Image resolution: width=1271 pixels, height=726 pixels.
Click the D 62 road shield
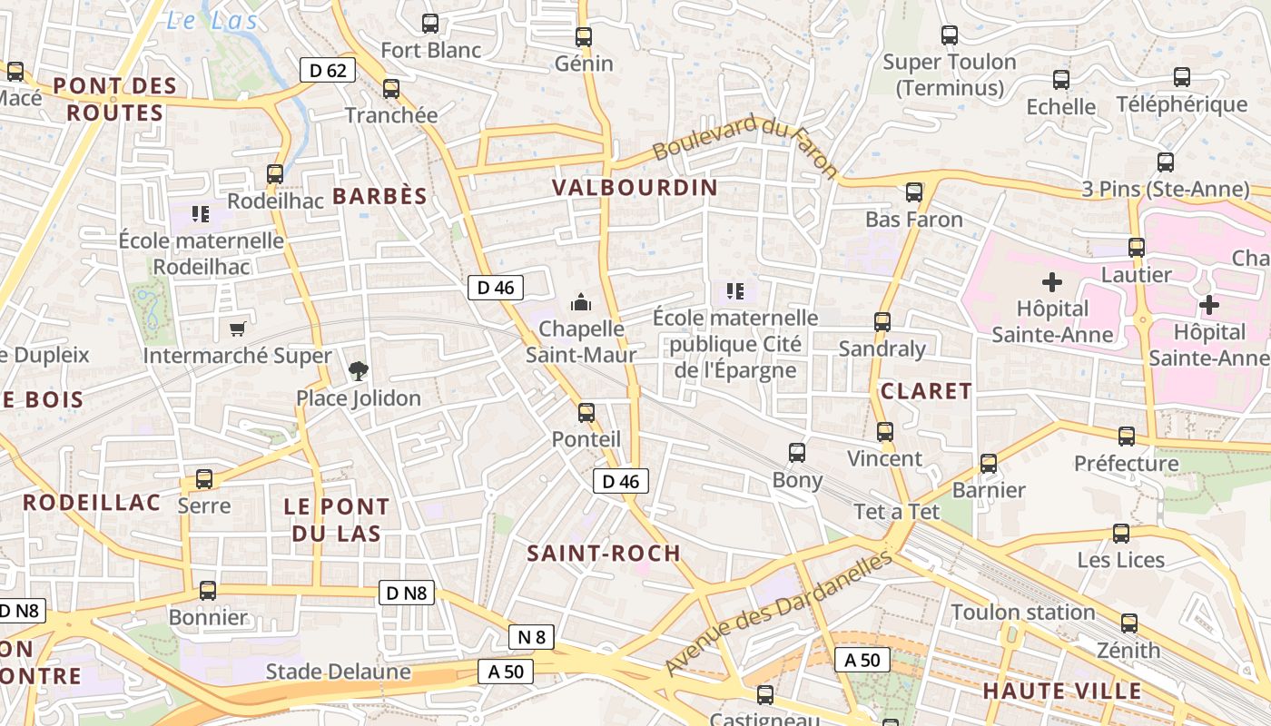click(328, 70)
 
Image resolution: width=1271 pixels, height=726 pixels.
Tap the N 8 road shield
click(531, 637)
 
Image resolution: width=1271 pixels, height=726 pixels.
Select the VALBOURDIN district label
click(635, 188)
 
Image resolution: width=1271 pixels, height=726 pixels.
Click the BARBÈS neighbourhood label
click(379, 196)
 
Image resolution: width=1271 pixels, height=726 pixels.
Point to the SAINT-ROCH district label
click(604, 553)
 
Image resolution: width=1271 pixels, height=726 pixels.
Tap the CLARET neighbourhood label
click(926, 391)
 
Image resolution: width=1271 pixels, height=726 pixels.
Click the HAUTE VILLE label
click(1062, 691)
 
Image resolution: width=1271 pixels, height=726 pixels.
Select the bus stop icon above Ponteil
click(586, 413)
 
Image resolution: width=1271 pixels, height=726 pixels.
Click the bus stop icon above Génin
click(584, 37)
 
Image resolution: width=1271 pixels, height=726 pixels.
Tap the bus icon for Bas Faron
click(914, 192)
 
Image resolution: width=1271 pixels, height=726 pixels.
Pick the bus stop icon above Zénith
click(1129, 623)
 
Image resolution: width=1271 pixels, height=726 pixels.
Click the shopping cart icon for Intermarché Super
click(237, 329)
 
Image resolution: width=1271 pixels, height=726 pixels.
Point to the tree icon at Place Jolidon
click(359, 370)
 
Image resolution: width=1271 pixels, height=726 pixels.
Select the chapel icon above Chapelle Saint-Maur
click(580, 302)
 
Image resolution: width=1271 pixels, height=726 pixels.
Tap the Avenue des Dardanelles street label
click(778, 613)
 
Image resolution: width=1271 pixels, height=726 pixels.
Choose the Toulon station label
click(1023, 613)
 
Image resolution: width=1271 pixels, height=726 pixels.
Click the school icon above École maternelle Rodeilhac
click(201, 214)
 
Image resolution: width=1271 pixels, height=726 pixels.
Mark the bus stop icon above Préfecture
click(1127, 437)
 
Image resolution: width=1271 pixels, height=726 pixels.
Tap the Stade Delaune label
click(338, 672)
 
